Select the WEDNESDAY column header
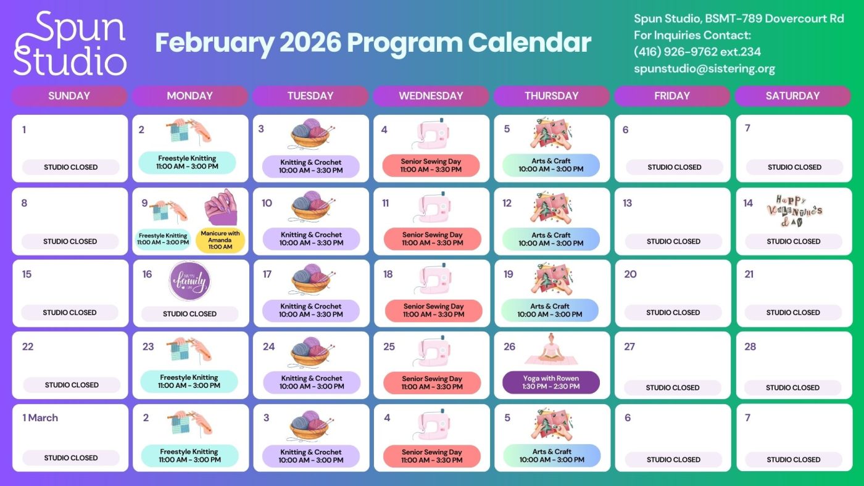(x=431, y=96)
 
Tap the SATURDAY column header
(x=792, y=96)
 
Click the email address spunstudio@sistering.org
(x=704, y=69)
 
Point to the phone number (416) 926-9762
(x=676, y=52)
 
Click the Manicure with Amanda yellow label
(x=220, y=240)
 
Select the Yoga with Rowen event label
(x=551, y=382)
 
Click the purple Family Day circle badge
(x=189, y=281)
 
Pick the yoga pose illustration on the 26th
(x=551, y=349)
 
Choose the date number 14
(x=748, y=203)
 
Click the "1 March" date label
(x=40, y=418)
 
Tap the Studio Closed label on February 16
(x=189, y=313)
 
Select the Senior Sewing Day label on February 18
(x=433, y=310)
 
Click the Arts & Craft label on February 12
(x=551, y=239)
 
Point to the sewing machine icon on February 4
(x=432, y=134)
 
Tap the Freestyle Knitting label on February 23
(x=189, y=381)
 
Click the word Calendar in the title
(x=529, y=43)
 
